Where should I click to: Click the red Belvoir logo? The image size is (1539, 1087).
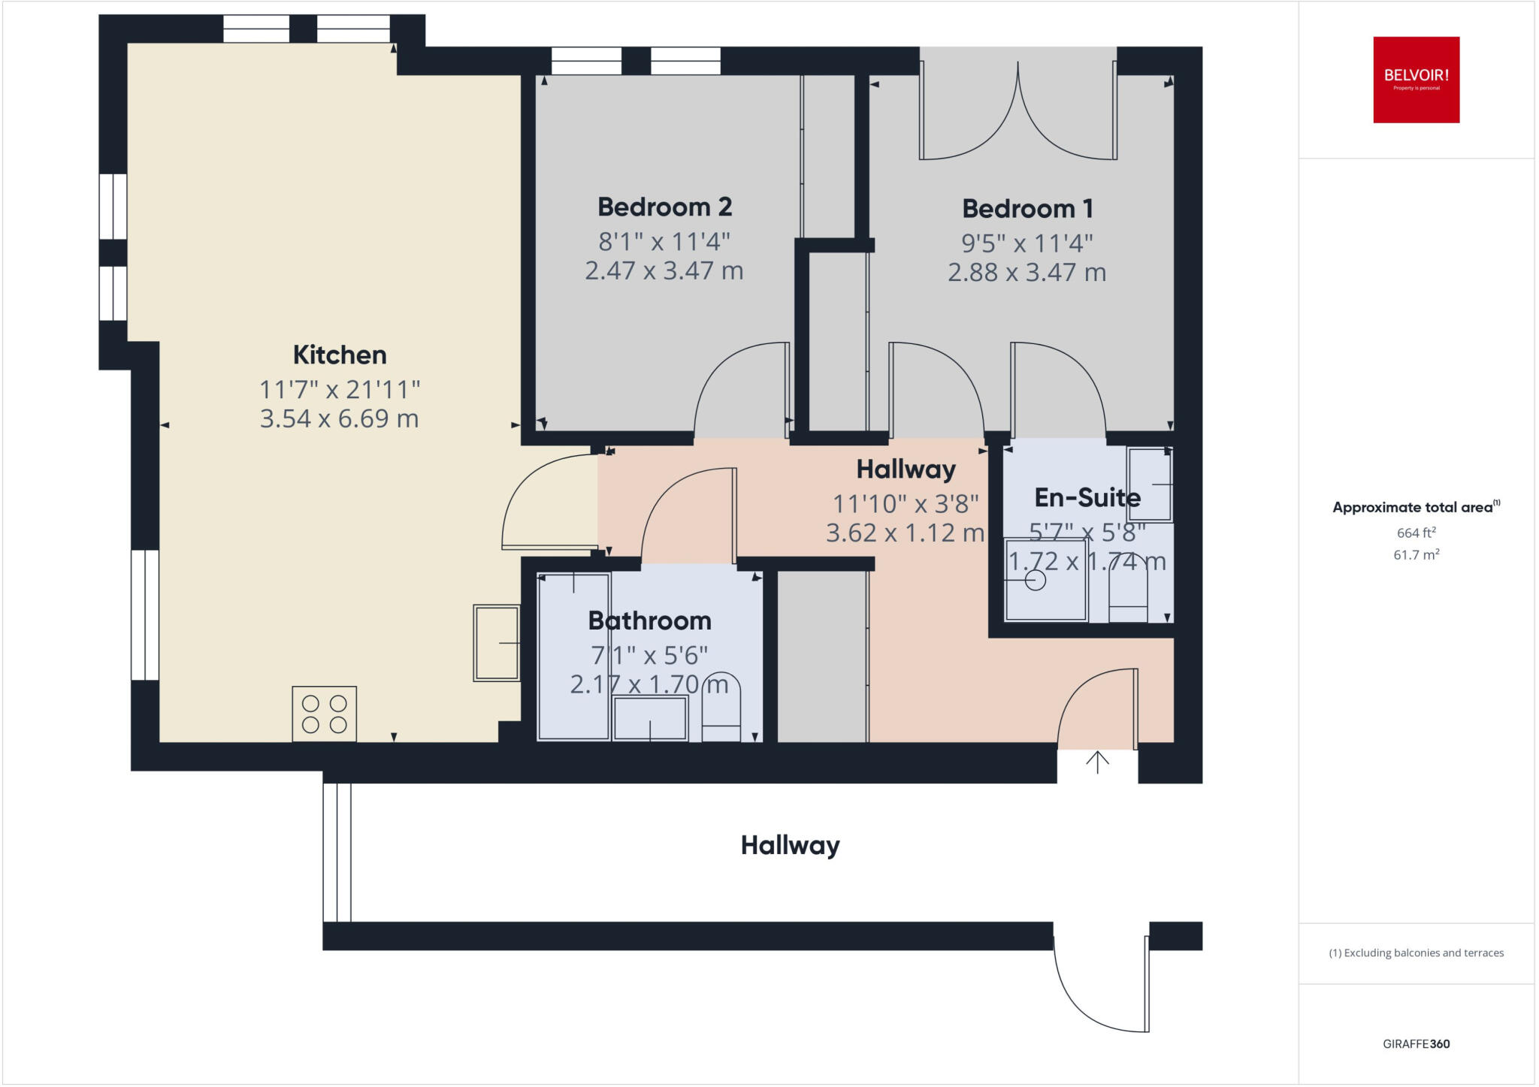coord(1416,80)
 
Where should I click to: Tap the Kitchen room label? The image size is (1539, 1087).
coord(339,355)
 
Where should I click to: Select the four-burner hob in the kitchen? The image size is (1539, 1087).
coord(324,714)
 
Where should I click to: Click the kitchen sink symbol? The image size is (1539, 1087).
coord(496,643)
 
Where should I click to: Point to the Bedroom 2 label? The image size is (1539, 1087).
coord(664,207)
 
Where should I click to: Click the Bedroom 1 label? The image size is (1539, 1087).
coord(1027,208)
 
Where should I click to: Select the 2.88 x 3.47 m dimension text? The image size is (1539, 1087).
coord(1027,272)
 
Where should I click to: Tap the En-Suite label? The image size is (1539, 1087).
coord(1087,497)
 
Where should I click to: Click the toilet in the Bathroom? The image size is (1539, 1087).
coord(721,708)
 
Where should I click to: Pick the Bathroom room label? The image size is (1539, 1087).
coord(649,620)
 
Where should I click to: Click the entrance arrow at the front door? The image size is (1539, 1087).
coord(1097,762)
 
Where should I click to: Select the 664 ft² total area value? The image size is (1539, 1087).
coord(1416,533)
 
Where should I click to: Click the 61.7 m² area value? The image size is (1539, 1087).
coord(1416,555)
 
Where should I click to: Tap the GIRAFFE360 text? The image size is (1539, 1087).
coord(1416,1043)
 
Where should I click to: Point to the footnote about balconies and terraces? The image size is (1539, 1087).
coord(1416,953)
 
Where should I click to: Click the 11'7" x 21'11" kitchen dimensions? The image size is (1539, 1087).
coord(339,390)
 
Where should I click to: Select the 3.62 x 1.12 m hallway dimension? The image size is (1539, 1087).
coord(905,533)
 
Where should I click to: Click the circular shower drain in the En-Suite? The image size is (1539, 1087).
coord(1035,581)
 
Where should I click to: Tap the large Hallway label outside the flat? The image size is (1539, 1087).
coord(790,845)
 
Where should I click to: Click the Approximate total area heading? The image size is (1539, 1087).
coord(1413,507)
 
